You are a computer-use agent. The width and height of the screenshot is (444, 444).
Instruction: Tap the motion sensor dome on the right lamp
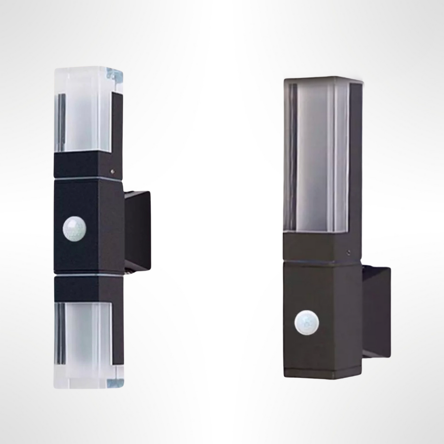point(306,321)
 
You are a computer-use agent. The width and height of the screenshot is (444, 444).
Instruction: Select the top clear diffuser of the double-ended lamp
point(88,110)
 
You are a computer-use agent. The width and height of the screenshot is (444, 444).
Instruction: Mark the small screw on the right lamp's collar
point(349,252)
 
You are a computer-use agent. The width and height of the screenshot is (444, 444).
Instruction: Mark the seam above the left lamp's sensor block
point(88,179)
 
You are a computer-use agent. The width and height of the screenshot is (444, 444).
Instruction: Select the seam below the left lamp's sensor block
point(88,274)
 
